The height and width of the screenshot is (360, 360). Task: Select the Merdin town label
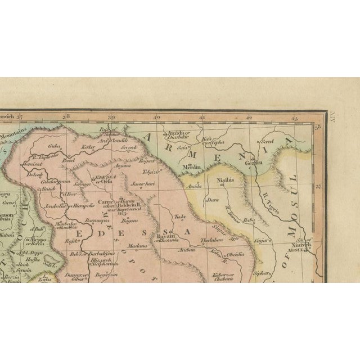pyautogui.click(x=191, y=168)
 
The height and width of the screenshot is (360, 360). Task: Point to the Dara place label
pyautogui.click(x=213, y=199)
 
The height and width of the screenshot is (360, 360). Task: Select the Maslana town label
pyautogui.click(x=137, y=246)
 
